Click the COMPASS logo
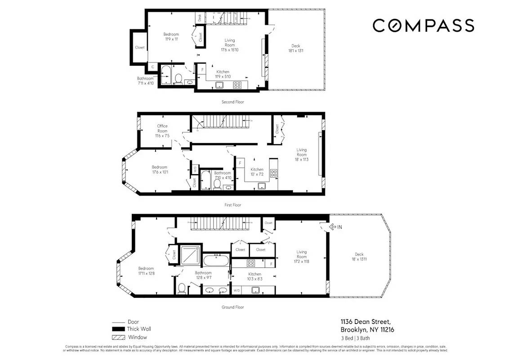pyautogui.click(x=423, y=26)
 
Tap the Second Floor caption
pyautogui.click(x=232, y=102)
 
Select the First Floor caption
pyautogui.click(x=232, y=205)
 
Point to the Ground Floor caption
pyautogui.click(x=232, y=307)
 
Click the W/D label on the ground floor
pyautogui.click(x=237, y=290)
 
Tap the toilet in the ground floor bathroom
pyautogui.click(x=182, y=288)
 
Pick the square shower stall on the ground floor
pyautogui.click(x=190, y=255)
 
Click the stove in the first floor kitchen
pyautogui.click(x=273, y=173)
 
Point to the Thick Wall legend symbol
pyautogui.click(x=118, y=329)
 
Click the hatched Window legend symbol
pyautogui.click(x=118, y=337)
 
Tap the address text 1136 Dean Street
pyautogui.click(x=365, y=321)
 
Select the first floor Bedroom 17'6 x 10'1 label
pyautogui.click(x=160, y=169)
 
